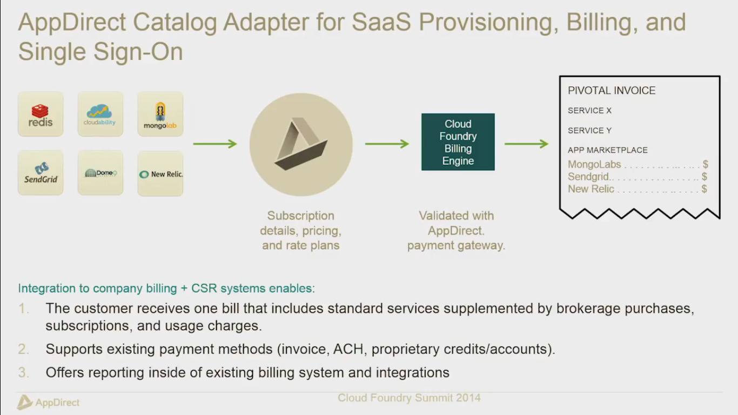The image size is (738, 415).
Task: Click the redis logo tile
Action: click(x=41, y=114)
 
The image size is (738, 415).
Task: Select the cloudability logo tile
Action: click(x=100, y=114)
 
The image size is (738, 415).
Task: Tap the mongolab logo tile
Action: click(x=160, y=114)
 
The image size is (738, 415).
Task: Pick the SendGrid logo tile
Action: click(x=41, y=173)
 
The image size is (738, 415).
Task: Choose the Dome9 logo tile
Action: click(x=100, y=173)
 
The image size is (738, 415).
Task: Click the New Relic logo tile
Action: click(x=160, y=173)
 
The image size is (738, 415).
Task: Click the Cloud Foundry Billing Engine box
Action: click(x=458, y=142)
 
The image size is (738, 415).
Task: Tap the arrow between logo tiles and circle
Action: click(x=215, y=144)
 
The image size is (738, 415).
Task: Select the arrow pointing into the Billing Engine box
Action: click(x=387, y=144)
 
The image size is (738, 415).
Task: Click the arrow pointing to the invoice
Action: click(x=526, y=144)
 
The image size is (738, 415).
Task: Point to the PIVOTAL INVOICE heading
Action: click(x=612, y=91)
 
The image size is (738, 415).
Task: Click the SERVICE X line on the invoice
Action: click(x=589, y=111)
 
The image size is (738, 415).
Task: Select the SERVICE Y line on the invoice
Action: click(x=589, y=131)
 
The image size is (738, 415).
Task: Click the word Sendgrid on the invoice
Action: click(x=588, y=177)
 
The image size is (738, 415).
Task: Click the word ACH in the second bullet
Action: click(x=348, y=349)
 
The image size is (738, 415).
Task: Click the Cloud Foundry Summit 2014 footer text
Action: click(x=409, y=398)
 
